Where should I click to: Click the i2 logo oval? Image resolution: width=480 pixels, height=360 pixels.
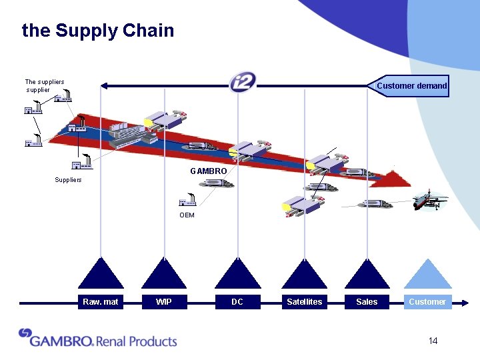coord(242,83)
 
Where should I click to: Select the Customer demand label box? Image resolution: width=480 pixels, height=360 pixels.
coord(411,86)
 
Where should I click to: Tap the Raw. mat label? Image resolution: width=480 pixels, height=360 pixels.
coord(100,302)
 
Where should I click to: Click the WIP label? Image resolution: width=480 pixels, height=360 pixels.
coord(163,302)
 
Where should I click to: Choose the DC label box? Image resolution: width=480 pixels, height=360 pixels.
coord(237,302)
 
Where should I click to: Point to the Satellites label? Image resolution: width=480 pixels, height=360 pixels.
coord(304,302)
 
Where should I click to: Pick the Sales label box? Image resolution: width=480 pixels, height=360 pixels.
coord(367,302)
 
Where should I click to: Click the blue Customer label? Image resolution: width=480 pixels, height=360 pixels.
coord(427,302)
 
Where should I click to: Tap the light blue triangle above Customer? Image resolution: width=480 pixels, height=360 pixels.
coord(428,275)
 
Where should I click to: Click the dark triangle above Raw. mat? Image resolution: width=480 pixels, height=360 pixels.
coord(101,275)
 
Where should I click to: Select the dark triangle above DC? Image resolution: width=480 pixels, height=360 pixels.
coord(238,275)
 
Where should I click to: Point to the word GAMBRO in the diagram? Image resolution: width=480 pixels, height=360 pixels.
coord(208,171)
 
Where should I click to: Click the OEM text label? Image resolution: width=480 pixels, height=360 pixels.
coord(187,215)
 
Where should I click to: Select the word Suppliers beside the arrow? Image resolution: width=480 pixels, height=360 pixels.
coord(68,180)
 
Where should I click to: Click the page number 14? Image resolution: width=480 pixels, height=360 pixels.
coord(433,341)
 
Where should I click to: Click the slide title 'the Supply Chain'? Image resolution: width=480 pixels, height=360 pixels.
coord(98,31)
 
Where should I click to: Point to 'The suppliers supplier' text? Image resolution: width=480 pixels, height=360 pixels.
coord(44,86)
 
